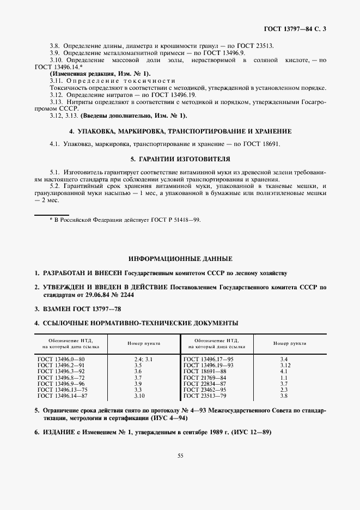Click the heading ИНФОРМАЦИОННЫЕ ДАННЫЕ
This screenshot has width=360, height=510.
pos(180,258)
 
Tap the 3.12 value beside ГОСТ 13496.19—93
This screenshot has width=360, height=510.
pos(283,365)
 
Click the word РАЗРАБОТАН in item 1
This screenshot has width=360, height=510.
pos(59,272)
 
